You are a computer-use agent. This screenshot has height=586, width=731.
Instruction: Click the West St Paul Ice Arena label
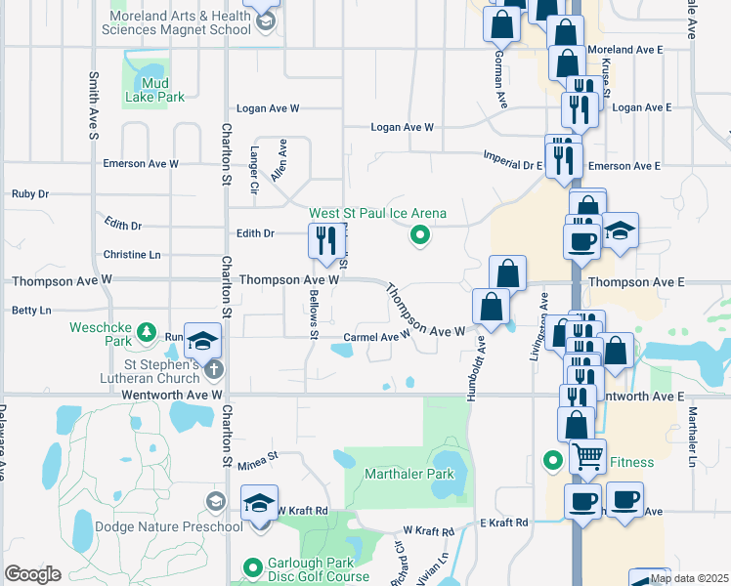point(377,213)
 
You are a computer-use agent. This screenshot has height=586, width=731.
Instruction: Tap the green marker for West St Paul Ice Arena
point(420,234)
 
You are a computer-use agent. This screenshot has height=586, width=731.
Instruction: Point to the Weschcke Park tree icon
point(146,332)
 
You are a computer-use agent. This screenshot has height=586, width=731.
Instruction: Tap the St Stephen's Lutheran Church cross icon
point(215,369)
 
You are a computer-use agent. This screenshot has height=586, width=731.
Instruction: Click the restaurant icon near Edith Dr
point(324,239)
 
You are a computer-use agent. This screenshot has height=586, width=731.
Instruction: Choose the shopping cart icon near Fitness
point(587,454)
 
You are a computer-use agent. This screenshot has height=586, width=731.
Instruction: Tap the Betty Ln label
point(30,311)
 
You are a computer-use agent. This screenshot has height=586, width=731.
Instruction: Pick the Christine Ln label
point(131,254)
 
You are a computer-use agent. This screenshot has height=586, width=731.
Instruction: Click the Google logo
point(33,573)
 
